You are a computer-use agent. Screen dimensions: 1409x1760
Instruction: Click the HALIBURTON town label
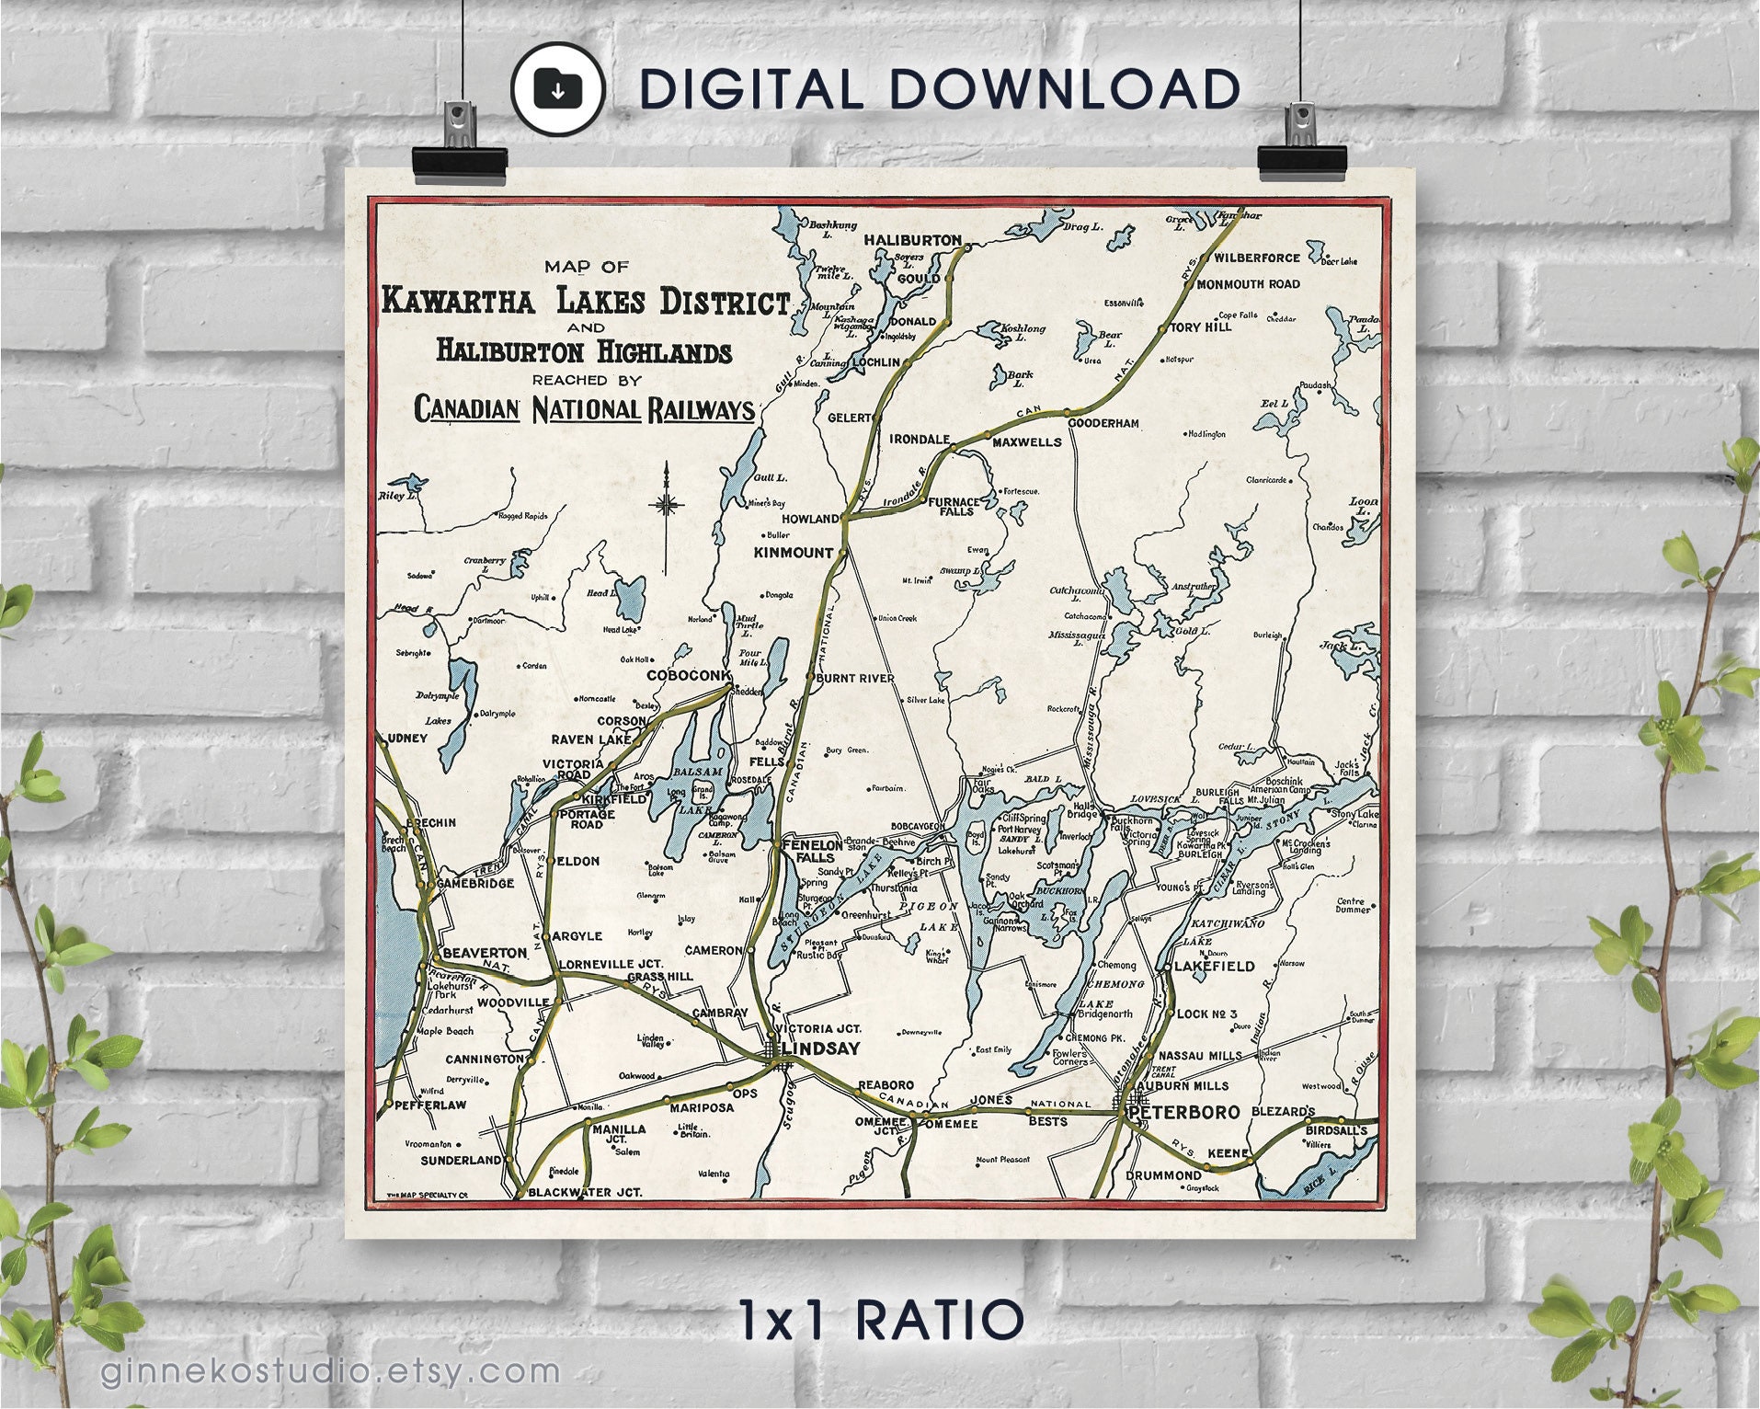tap(912, 240)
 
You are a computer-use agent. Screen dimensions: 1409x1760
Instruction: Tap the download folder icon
tap(557, 88)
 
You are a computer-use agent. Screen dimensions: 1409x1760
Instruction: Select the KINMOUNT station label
tap(793, 553)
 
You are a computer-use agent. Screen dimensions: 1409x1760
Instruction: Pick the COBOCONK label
tap(689, 675)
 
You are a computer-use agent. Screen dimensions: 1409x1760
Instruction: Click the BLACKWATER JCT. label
tap(585, 1192)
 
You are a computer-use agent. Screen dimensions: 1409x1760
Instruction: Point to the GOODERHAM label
tap(1103, 423)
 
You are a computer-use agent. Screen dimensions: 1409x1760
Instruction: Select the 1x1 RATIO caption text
tap(880, 1320)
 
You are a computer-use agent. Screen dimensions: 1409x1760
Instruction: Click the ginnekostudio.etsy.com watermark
tap(330, 1370)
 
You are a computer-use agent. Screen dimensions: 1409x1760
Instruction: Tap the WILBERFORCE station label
tap(1257, 258)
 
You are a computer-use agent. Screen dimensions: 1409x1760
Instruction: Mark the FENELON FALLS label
tap(811, 850)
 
